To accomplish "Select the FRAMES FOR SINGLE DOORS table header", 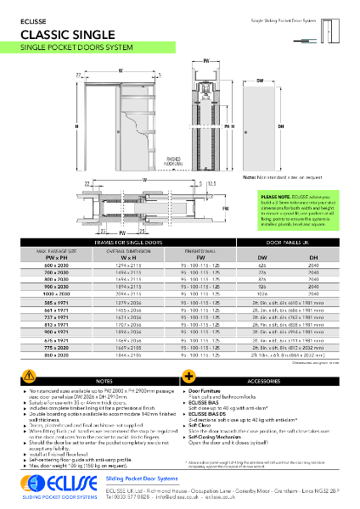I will (140, 242).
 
